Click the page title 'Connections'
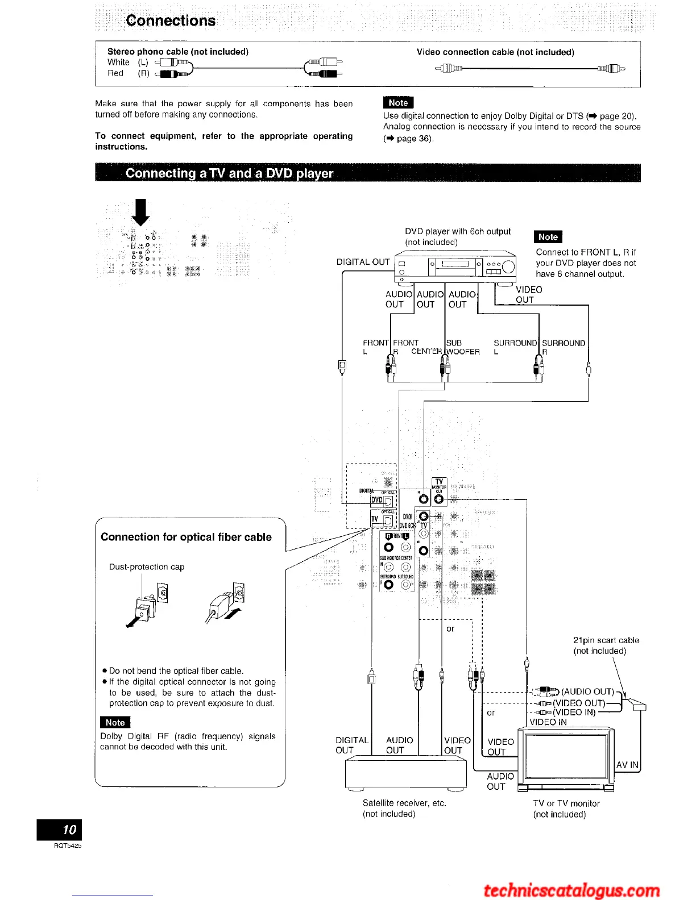[171, 21]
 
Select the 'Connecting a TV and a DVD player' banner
[229, 173]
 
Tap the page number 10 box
[59, 830]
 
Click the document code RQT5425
[68, 845]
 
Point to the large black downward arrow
[140, 212]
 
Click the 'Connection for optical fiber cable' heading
[186, 537]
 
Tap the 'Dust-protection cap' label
[147, 566]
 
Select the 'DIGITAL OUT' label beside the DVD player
[363, 262]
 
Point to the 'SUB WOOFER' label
[462, 347]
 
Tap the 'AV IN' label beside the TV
[627, 765]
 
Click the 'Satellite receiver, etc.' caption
[404, 803]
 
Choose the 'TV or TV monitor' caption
[566, 803]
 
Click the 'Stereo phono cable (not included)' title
[178, 52]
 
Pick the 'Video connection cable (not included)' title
[495, 52]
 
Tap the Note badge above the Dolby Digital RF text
[115, 722]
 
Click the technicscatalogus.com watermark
[571, 890]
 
